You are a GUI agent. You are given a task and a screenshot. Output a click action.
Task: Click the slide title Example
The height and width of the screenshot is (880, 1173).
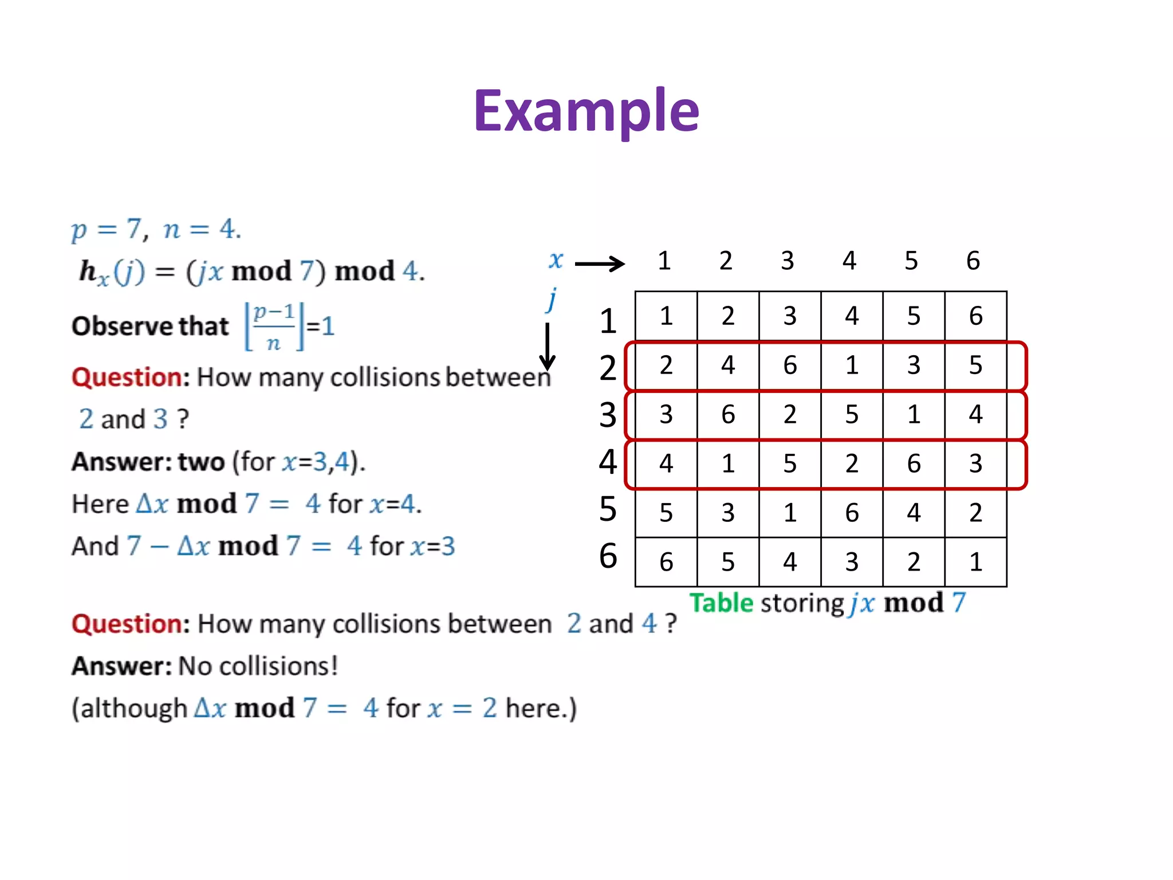pos(586,111)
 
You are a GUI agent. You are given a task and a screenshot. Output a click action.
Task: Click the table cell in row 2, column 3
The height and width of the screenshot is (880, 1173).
pos(790,366)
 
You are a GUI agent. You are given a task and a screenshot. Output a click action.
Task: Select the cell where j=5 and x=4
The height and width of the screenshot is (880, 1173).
pos(852,513)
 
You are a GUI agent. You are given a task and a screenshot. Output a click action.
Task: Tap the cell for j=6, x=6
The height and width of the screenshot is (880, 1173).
pos(975,562)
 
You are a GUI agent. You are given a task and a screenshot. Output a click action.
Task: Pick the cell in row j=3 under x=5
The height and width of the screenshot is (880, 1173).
pos(914,414)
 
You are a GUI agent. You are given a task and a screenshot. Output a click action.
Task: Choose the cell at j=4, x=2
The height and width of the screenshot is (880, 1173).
pos(728,463)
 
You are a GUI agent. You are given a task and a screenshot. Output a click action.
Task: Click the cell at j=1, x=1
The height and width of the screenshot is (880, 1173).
pos(666,316)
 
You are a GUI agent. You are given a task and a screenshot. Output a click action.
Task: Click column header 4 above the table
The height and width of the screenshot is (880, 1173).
pos(849,261)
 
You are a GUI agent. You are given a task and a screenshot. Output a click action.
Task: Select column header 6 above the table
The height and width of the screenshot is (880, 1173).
pos(973,261)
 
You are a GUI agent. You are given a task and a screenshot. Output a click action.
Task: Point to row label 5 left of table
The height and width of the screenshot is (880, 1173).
pos(608,509)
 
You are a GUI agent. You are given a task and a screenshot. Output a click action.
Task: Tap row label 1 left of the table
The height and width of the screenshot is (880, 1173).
pos(608,321)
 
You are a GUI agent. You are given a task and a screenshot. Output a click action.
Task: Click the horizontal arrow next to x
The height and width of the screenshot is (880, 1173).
pos(599,264)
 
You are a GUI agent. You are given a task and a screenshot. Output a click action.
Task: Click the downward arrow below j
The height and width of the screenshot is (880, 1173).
pos(548,347)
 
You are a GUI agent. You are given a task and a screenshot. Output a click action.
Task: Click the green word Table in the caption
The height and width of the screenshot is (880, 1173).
pos(721,603)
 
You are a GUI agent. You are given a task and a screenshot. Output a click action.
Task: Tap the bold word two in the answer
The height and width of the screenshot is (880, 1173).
pos(201,462)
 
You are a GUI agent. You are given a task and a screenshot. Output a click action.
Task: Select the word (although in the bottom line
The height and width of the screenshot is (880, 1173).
pos(129,709)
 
